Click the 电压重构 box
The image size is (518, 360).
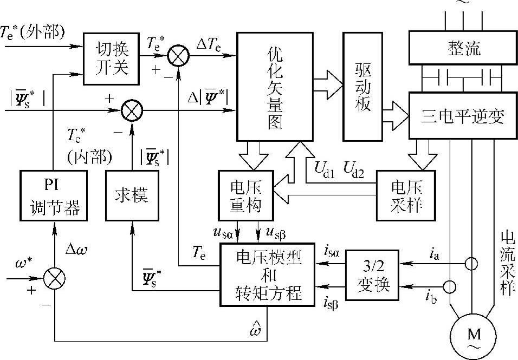tap(246, 195)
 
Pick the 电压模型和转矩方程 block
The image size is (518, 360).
tap(267, 274)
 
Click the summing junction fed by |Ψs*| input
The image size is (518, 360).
tap(131, 112)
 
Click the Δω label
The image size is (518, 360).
tap(76, 250)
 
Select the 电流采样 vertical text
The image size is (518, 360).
tap(507, 263)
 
